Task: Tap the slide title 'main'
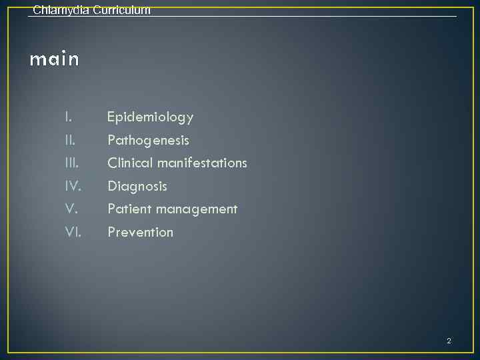55,60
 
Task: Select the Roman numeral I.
68,117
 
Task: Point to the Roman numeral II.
70,140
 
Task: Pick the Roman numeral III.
72,163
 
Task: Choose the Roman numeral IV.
73,186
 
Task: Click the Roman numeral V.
71,209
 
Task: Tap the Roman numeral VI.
73,232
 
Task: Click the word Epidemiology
151,117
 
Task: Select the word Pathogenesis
149,141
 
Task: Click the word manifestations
202,163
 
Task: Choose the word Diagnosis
137,186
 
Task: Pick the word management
193,209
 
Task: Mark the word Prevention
141,232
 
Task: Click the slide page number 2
449,341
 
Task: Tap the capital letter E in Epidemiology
111,117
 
